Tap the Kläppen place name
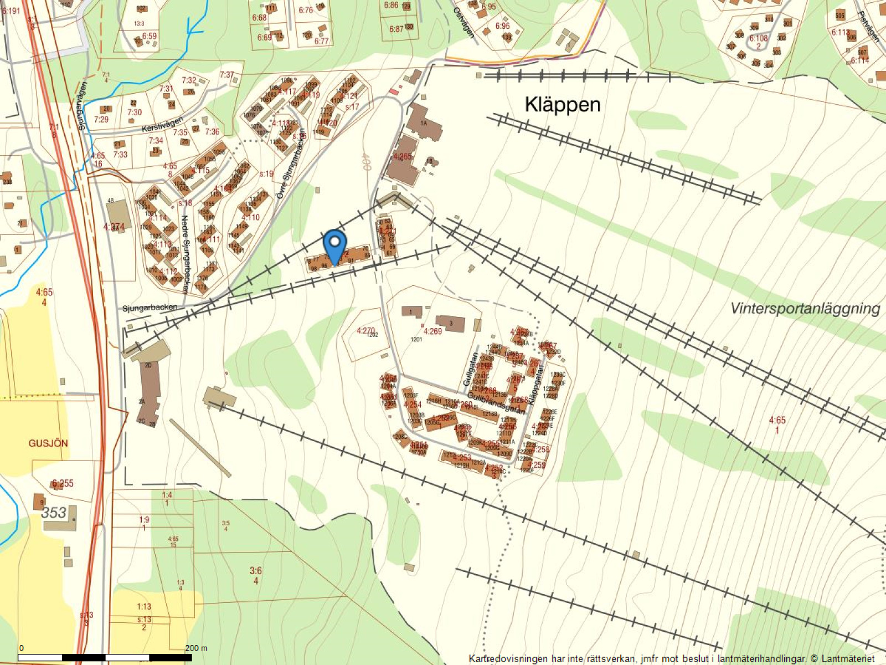[563, 105]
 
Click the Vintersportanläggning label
[805, 309]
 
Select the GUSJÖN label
[48, 443]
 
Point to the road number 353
[54, 513]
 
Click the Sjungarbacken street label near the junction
[150, 307]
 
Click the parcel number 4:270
[365, 331]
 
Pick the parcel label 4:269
[432, 331]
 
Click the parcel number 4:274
[114, 227]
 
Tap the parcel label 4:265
[403, 157]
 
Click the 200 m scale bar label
[196, 648]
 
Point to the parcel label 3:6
[255, 571]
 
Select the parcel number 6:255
[63, 483]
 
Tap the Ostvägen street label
[464, 22]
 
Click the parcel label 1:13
[144, 607]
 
